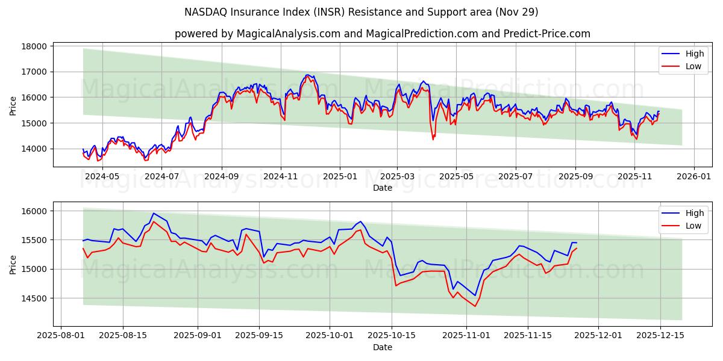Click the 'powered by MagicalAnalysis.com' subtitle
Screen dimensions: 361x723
click(382, 34)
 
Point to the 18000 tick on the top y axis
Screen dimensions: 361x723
click(34, 46)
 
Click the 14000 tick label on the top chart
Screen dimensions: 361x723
click(34, 149)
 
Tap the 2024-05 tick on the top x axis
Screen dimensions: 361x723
click(102, 176)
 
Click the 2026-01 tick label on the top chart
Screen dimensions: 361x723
click(693, 176)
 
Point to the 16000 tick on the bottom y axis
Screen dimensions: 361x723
click(34, 211)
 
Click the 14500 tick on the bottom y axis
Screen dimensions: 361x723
click(34, 298)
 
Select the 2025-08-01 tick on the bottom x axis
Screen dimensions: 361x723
click(61, 335)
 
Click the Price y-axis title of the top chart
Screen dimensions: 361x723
click(13, 105)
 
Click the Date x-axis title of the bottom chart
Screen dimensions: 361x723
click(382, 347)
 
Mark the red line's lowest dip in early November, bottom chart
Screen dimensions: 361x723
click(475, 306)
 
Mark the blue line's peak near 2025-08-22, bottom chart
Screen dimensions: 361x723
click(154, 213)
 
